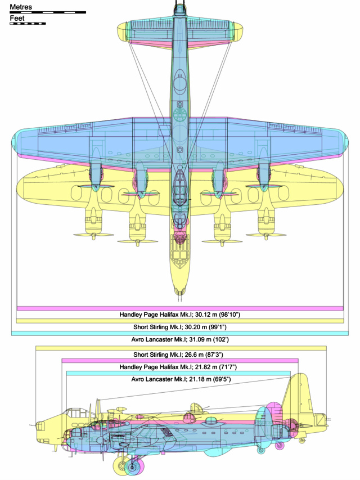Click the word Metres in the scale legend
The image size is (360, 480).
(21, 7)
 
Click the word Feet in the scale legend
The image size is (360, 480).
(17, 19)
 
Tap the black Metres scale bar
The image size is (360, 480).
(48, 12)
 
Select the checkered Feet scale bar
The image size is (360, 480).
(28, 24)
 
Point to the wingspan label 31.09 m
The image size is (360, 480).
(200, 339)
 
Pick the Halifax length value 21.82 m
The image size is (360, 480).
(206, 367)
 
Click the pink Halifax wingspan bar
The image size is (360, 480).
(180, 308)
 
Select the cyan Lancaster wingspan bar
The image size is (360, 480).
(180, 333)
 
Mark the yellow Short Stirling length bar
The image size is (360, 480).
(181, 348)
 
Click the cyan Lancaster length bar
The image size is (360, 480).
(178, 373)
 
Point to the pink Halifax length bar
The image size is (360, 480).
(180, 361)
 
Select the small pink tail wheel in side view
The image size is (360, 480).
(280, 446)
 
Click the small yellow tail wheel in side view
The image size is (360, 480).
(302, 441)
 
